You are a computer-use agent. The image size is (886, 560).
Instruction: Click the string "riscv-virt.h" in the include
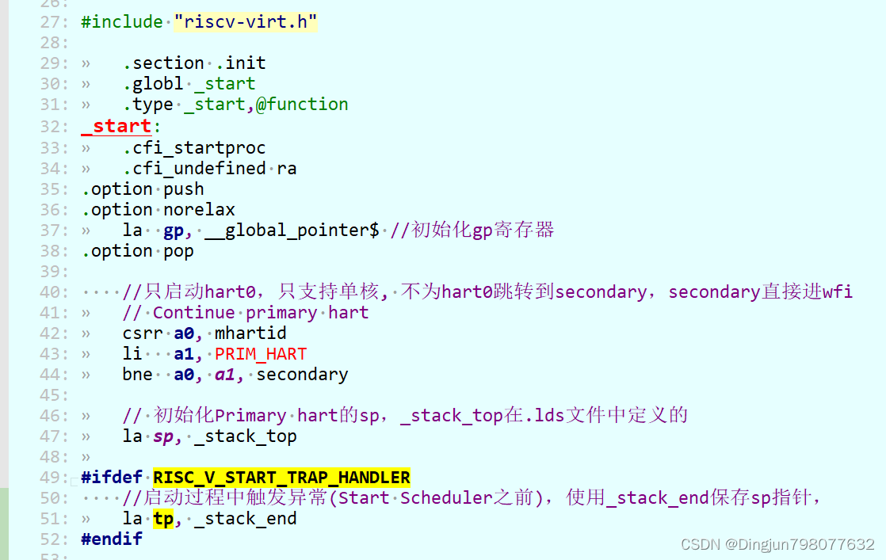246,22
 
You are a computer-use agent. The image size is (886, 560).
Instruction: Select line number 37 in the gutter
54,230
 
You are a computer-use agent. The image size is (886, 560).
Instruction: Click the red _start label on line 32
116,126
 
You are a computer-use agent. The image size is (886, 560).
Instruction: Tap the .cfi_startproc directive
194,148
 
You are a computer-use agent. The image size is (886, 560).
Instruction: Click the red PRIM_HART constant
261,354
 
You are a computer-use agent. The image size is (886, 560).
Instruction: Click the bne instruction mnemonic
138,375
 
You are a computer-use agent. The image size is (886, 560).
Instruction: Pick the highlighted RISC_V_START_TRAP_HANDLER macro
281,478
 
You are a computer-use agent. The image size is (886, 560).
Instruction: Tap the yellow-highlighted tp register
164,519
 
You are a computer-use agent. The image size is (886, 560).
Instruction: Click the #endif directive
112,539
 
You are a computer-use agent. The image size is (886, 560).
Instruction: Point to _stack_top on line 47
246,436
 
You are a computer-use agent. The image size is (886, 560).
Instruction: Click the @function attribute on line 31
302,105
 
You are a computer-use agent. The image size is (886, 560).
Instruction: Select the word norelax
199,210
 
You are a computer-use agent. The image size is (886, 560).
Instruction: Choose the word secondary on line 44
302,375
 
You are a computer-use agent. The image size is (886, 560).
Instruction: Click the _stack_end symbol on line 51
246,519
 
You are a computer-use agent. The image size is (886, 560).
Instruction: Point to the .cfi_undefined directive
194,169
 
